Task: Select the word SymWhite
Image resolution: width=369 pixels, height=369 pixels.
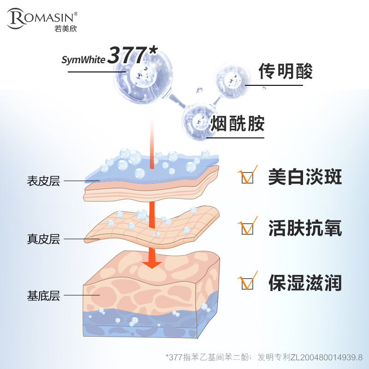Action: (x=83, y=60)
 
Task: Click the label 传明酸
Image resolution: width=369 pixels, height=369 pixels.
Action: (x=285, y=71)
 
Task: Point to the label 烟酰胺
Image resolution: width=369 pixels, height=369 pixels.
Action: (x=237, y=124)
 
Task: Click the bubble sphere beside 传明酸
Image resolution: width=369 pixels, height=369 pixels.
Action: (x=232, y=82)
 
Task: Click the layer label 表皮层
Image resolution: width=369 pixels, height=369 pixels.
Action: (x=43, y=181)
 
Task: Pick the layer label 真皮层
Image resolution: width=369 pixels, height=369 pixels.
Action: (x=43, y=239)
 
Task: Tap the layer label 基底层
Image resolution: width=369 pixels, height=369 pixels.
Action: (x=43, y=296)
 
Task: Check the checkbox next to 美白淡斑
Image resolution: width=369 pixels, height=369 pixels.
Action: (x=248, y=178)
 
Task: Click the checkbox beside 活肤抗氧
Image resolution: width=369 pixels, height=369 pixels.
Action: (x=248, y=229)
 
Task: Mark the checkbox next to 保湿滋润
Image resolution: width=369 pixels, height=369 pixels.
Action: (x=248, y=283)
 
